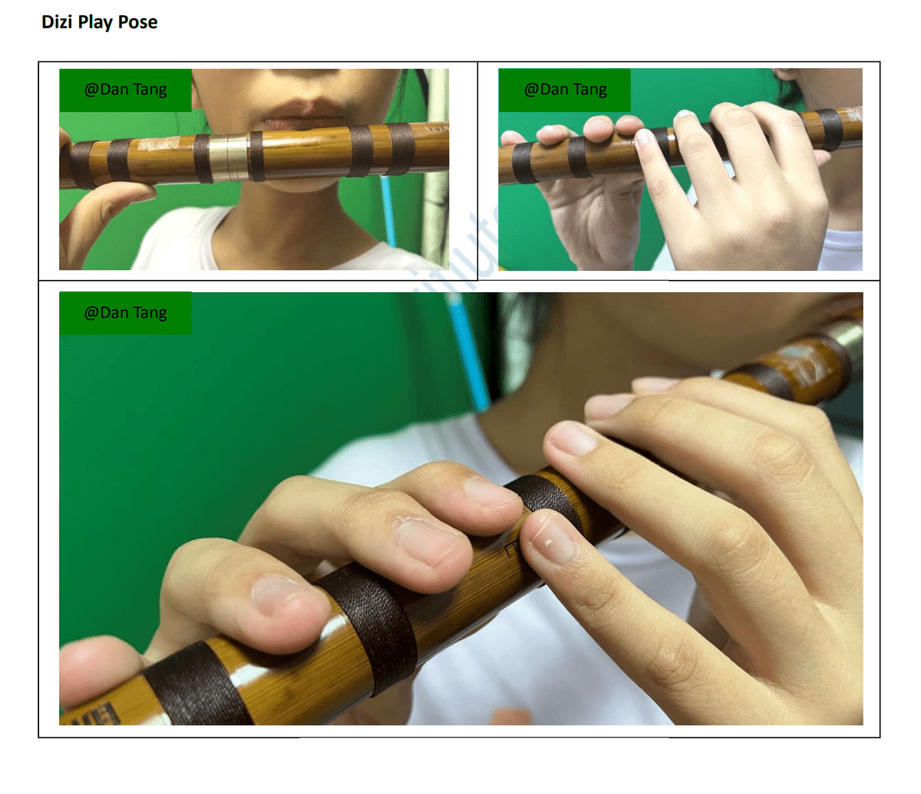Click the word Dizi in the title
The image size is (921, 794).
pos(57,21)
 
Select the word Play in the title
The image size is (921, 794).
pos(95,22)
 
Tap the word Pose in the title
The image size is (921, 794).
pos(138,21)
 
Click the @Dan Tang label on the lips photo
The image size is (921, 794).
pos(125,90)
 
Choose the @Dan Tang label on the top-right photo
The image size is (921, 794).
pos(565,90)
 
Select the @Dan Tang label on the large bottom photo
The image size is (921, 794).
pos(125,313)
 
